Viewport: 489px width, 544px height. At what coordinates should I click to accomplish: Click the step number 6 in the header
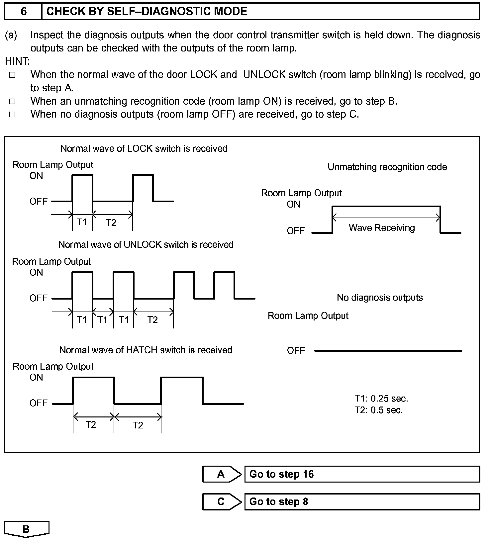point(24,12)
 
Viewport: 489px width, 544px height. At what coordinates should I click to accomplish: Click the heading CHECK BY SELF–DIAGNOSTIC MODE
point(147,12)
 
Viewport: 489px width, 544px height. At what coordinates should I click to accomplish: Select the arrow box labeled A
point(222,474)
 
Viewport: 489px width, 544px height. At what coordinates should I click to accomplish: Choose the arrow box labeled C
point(222,501)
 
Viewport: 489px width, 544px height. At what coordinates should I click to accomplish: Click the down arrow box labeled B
point(26,529)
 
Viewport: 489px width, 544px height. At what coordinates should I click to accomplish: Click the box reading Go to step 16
point(362,474)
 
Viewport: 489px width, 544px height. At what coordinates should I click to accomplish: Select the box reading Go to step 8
point(362,501)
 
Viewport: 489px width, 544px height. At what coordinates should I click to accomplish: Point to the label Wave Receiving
point(382,228)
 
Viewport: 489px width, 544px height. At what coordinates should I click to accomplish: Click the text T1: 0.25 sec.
point(381,399)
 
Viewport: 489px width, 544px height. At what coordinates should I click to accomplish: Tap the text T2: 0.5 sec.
point(378,410)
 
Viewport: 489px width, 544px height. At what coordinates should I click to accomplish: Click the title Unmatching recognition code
point(387,167)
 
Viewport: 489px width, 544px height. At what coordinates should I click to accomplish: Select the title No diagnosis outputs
point(380,298)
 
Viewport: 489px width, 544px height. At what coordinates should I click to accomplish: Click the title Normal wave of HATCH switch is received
point(146,350)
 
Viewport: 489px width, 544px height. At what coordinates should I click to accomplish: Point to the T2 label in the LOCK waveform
point(111,223)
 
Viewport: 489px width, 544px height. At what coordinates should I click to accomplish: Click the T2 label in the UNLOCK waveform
point(152,320)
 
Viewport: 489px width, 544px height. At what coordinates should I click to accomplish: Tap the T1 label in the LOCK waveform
point(82,222)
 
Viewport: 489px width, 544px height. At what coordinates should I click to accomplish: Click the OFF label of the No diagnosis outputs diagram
point(296,351)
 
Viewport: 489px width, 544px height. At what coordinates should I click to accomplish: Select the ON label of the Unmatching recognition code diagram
point(293,205)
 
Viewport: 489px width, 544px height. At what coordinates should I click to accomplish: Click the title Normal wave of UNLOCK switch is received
point(146,245)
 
